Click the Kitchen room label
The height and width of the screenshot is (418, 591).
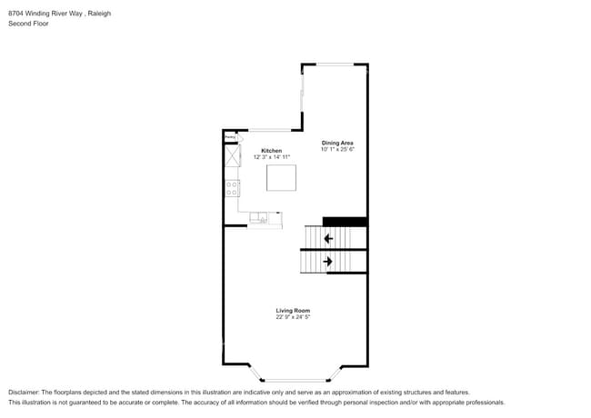(x=271, y=150)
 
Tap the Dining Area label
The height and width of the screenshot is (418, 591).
(x=336, y=143)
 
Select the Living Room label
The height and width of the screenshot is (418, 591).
(x=293, y=311)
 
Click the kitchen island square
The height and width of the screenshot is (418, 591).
(x=281, y=177)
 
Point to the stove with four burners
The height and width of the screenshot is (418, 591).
(x=232, y=189)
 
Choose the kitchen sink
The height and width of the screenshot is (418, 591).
(x=259, y=218)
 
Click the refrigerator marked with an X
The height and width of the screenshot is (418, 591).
(x=232, y=155)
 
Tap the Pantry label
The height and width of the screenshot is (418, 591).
(x=230, y=137)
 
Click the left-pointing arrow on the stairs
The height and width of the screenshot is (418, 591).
(x=327, y=238)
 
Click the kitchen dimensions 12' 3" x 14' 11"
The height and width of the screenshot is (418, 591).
(x=271, y=157)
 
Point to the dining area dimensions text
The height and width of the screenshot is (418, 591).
(x=336, y=149)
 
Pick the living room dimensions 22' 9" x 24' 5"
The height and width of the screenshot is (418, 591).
(x=293, y=317)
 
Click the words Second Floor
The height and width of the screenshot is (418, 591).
(x=28, y=24)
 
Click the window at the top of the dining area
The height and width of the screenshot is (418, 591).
(x=335, y=64)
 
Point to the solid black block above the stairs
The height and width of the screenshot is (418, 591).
(x=345, y=221)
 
